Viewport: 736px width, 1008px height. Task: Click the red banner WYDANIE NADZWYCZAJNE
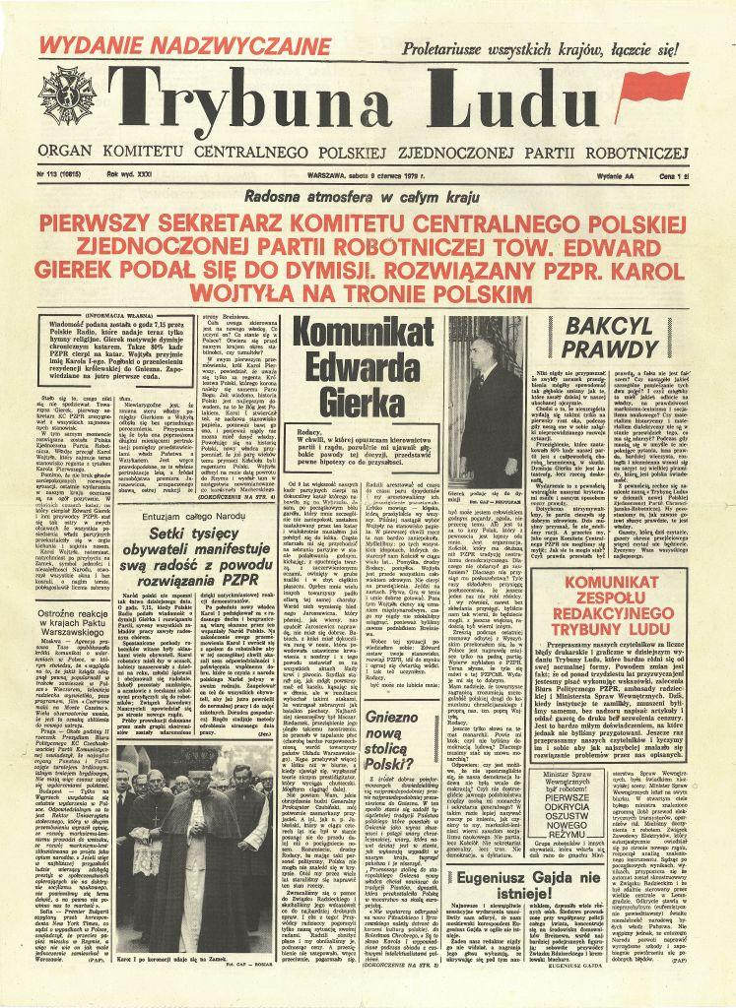(x=186, y=45)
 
